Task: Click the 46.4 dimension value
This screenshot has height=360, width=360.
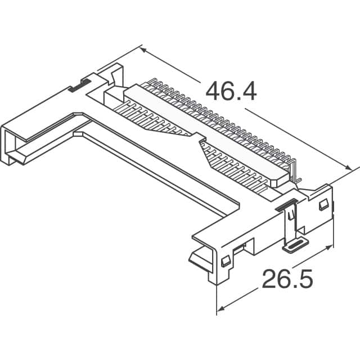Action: pos(231,91)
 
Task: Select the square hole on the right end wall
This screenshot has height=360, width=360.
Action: pos(323,205)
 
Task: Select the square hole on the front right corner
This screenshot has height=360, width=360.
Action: pos(224,261)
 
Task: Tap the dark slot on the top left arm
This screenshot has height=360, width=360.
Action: pos(78,86)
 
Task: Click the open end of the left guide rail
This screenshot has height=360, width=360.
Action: pos(12,147)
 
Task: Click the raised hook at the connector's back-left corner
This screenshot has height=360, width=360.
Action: pos(115,73)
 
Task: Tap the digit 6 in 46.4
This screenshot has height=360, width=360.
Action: pos(225,91)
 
